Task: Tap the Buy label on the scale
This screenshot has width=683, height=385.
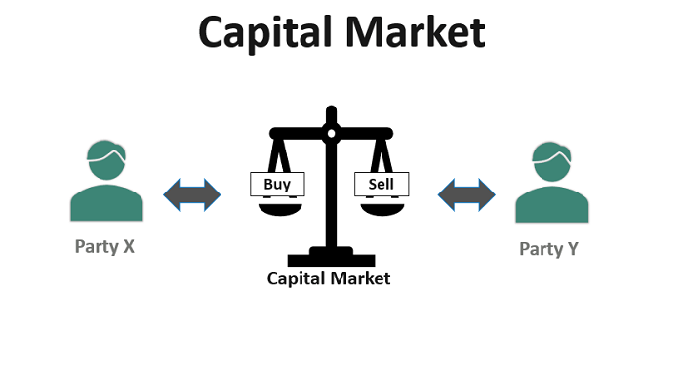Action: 277,183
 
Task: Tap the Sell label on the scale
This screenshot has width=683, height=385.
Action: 382,183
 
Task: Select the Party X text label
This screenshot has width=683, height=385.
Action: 104,246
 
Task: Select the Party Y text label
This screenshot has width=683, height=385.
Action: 548,248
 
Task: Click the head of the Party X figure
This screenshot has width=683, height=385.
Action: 103,157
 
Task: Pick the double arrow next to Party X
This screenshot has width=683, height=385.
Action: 192,193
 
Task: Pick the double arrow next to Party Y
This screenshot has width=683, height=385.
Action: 465,193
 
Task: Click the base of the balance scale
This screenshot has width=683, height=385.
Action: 330,255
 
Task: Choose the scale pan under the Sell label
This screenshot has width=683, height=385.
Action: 382,206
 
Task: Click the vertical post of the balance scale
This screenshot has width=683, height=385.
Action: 330,195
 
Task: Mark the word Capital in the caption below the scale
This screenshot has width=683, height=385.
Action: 298,278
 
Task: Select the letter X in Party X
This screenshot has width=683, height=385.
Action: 128,246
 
